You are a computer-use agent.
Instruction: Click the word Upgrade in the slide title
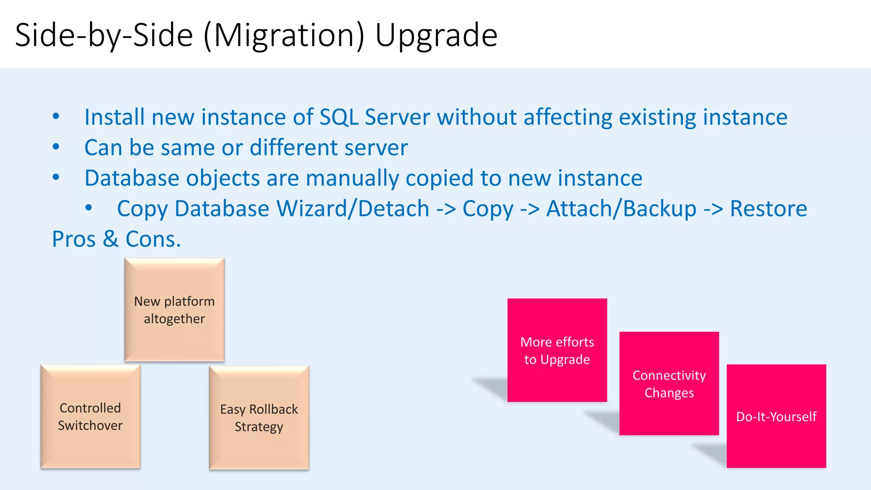click(436, 36)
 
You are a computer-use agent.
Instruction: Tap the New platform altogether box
click(174, 310)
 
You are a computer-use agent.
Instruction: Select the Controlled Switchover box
click(90, 416)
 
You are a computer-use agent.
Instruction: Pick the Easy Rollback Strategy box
click(259, 418)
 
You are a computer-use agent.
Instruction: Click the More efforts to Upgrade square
click(557, 350)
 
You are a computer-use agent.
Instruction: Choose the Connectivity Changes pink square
click(669, 383)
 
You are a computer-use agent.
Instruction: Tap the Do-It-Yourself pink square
click(776, 416)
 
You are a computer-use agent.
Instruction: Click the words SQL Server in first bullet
click(374, 117)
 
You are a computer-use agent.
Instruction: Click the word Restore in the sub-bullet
click(768, 209)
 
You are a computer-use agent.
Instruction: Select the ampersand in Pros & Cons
click(111, 239)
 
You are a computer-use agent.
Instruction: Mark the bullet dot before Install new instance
click(56, 117)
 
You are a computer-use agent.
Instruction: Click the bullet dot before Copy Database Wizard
click(88, 208)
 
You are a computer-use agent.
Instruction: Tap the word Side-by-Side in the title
click(104, 36)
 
